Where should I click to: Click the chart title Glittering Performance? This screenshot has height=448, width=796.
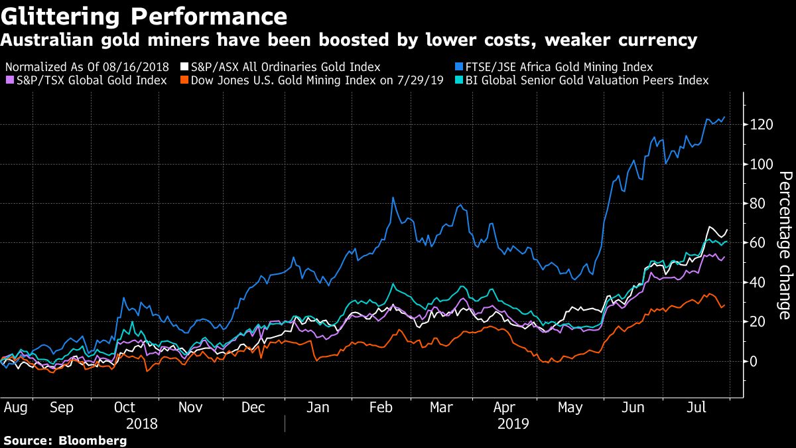(x=144, y=16)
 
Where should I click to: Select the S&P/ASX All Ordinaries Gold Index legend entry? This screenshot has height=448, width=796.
(x=285, y=67)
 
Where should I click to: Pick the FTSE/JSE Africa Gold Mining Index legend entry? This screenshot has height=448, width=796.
(x=555, y=67)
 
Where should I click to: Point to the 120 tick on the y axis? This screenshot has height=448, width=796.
(x=758, y=125)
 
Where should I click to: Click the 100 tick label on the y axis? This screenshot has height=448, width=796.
(x=758, y=165)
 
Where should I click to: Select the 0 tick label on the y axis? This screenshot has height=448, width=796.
(x=752, y=362)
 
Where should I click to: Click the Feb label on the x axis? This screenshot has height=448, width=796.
(x=380, y=408)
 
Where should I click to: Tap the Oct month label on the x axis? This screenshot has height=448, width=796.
(x=124, y=408)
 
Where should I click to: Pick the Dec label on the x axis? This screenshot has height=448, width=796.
(x=254, y=408)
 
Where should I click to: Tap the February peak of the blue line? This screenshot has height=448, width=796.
(x=393, y=197)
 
